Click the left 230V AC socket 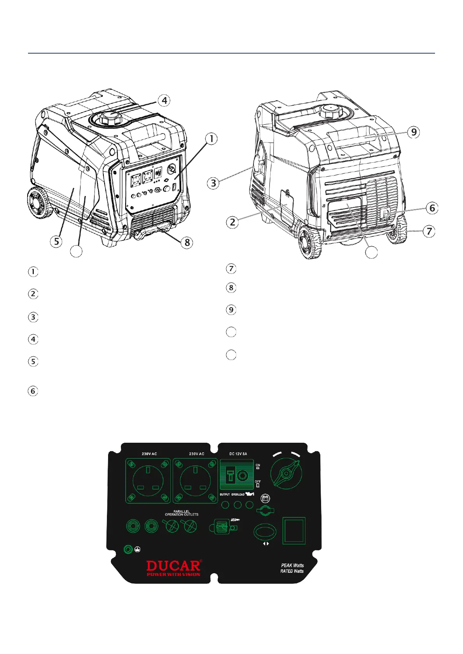point(148,481)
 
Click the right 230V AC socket point(195,481)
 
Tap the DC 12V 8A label point(238,454)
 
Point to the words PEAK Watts point(292,565)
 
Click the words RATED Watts point(292,571)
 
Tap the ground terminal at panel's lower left point(128,550)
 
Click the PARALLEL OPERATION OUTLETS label point(182,513)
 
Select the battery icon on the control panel point(265,498)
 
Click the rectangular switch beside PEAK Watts point(294,531)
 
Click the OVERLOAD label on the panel point(238,494)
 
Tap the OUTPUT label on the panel point(225,494)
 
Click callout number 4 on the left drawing point(164,101)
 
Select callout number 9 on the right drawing point(414,132)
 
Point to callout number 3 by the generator point(213,183)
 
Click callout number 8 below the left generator point(187,242)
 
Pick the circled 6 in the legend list point(33,391)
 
